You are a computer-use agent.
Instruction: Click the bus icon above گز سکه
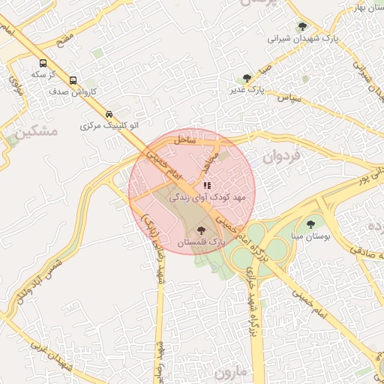click(43, 64)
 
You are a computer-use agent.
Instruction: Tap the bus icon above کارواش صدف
click(73, 80)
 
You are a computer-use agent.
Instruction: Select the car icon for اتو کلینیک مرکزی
click(109, 115)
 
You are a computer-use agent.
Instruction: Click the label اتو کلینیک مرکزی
click(109, 126)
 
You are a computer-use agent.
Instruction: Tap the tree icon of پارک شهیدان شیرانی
click(302, 26)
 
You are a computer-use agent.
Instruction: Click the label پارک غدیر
click(248, 89)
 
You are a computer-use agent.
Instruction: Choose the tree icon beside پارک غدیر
click(246, 77)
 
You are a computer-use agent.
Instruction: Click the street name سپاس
click(289, 97)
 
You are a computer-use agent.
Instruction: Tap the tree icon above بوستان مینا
click(310, 224)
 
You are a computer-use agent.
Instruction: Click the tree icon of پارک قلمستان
click(201, 231)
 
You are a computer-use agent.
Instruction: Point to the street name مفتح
click(65, 37)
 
